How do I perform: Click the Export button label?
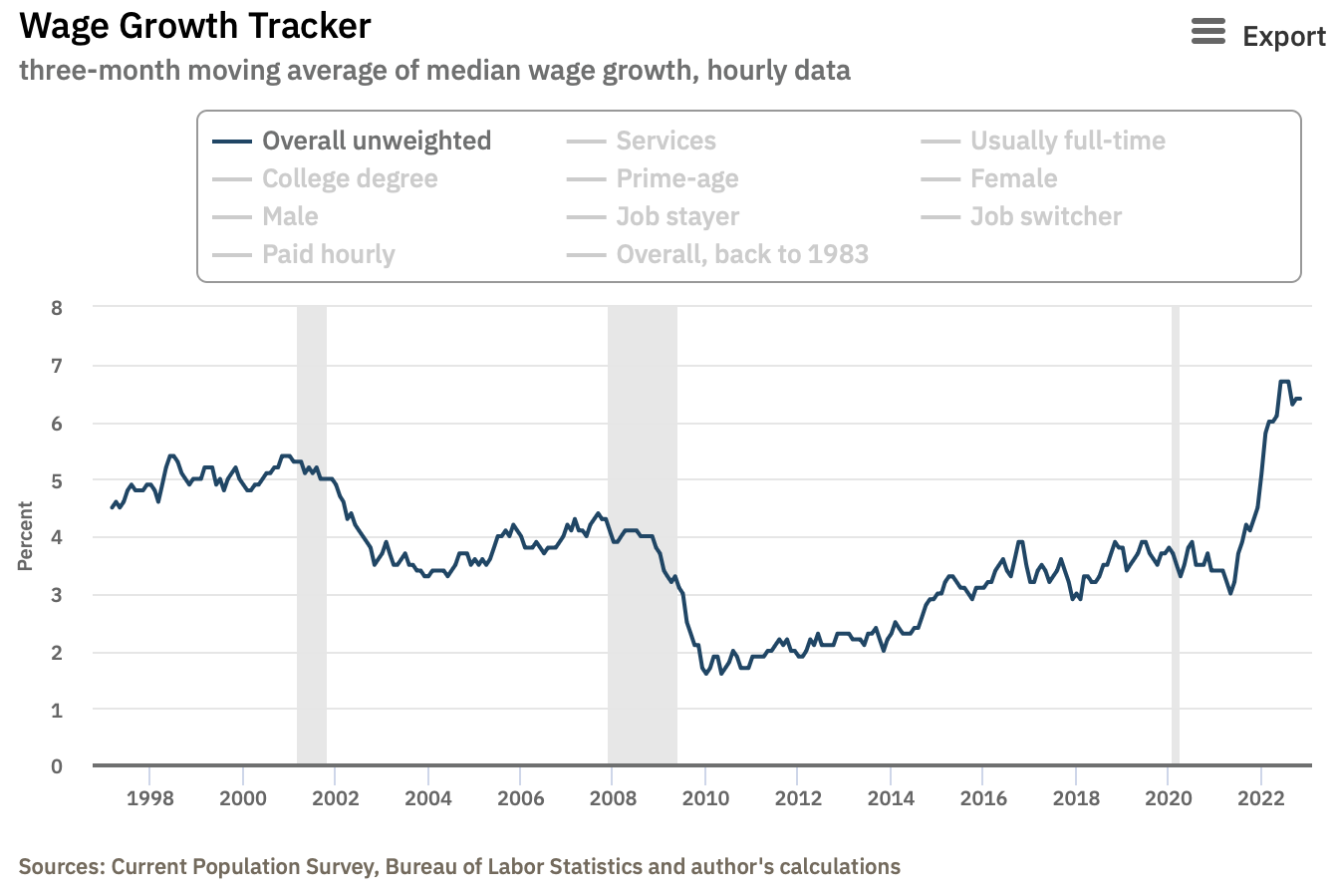[1284, 37]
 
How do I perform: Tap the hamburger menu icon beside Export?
[1208, 33]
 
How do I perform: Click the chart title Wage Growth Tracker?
[195, 26]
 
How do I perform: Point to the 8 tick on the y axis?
[57, 308]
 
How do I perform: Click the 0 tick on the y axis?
[57, 766]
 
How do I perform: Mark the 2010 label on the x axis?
[704, 798]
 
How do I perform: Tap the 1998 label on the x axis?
[149, 798]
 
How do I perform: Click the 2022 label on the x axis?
[1260, 798]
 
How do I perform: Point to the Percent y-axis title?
[26, 537]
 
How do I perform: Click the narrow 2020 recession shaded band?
[1176, 538]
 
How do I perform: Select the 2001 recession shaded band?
[312, 538]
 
